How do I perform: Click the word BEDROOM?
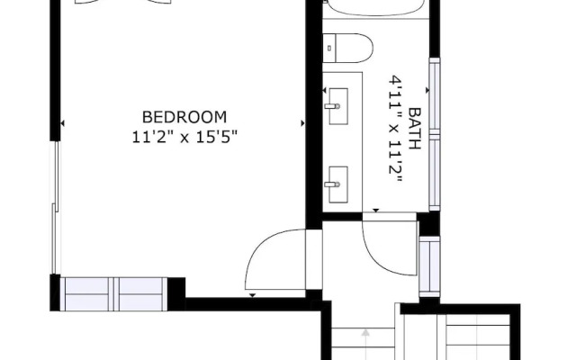click(x=184, y=117)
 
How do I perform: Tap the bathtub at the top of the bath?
click(x=373, y=9)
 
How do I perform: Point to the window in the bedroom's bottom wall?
click(x=113, y=292)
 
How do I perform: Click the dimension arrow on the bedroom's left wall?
click(x=61, y=123)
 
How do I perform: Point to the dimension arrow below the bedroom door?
click(x=254, y=295)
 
